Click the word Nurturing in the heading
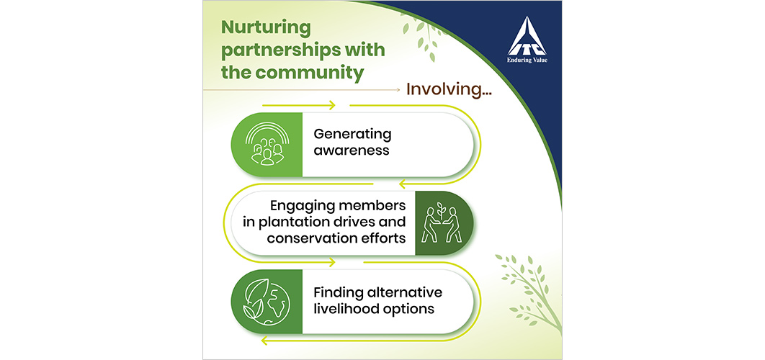(x=266, y=28)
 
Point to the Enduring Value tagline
(x=527, y=60)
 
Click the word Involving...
(x=444, y=90)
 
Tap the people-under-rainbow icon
(x=267, y=145)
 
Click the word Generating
(x=352, y=135)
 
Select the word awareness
(x=352, y=150)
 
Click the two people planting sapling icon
(x=441, y=222)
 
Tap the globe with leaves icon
(x=267, y=302)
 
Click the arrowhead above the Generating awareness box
(x=332, y=105)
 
